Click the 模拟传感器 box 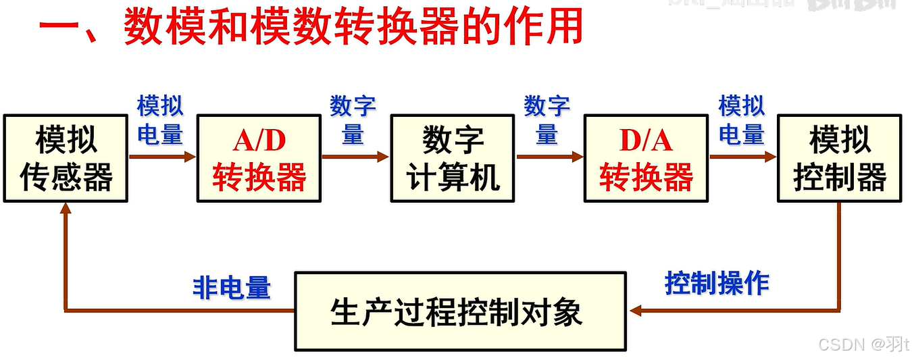[66, 159]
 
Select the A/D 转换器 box [259, 159]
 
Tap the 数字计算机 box [453, 159]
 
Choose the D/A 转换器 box [647, 159]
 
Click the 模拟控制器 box [840, 159]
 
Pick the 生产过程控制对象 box [460, 311]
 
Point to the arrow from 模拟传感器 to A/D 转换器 [162, 157]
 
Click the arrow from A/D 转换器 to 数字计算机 [356, 157]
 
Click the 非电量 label [232, 288]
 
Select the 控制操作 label [717, 283]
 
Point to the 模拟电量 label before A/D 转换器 [161, 120]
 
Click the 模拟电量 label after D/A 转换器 [741, 120]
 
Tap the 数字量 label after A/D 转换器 [353, 120]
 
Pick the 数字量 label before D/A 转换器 [547, 120]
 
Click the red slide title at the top [311, 28]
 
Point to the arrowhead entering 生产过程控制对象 [634, 311]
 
